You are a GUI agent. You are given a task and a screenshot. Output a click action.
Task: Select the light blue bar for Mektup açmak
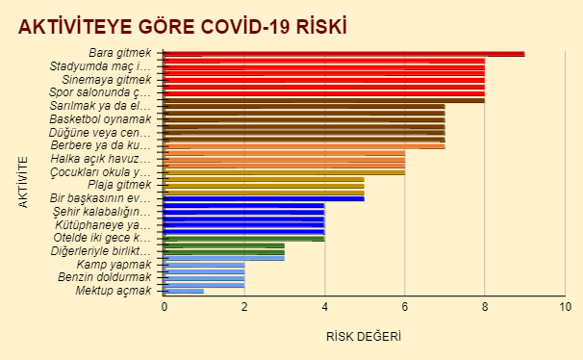click(x=184, y=290)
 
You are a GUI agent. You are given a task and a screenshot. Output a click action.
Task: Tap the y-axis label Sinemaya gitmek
click(x=107, y=80)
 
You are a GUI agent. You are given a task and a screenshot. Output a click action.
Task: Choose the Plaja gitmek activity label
click(x=119, y=185)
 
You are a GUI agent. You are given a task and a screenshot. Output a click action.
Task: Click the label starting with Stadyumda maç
click(x=101, y=66)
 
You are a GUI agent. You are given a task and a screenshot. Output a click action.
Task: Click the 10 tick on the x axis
click(x=565, y=307)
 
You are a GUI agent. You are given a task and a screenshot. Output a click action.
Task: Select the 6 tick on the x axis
click(x=405, y=307)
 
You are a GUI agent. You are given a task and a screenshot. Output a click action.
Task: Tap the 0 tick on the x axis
click(x=165, y=307)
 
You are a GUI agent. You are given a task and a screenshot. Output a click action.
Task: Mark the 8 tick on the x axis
click(x=485, y=307)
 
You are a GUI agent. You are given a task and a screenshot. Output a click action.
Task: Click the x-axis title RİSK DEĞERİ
click(x=364, y=337)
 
